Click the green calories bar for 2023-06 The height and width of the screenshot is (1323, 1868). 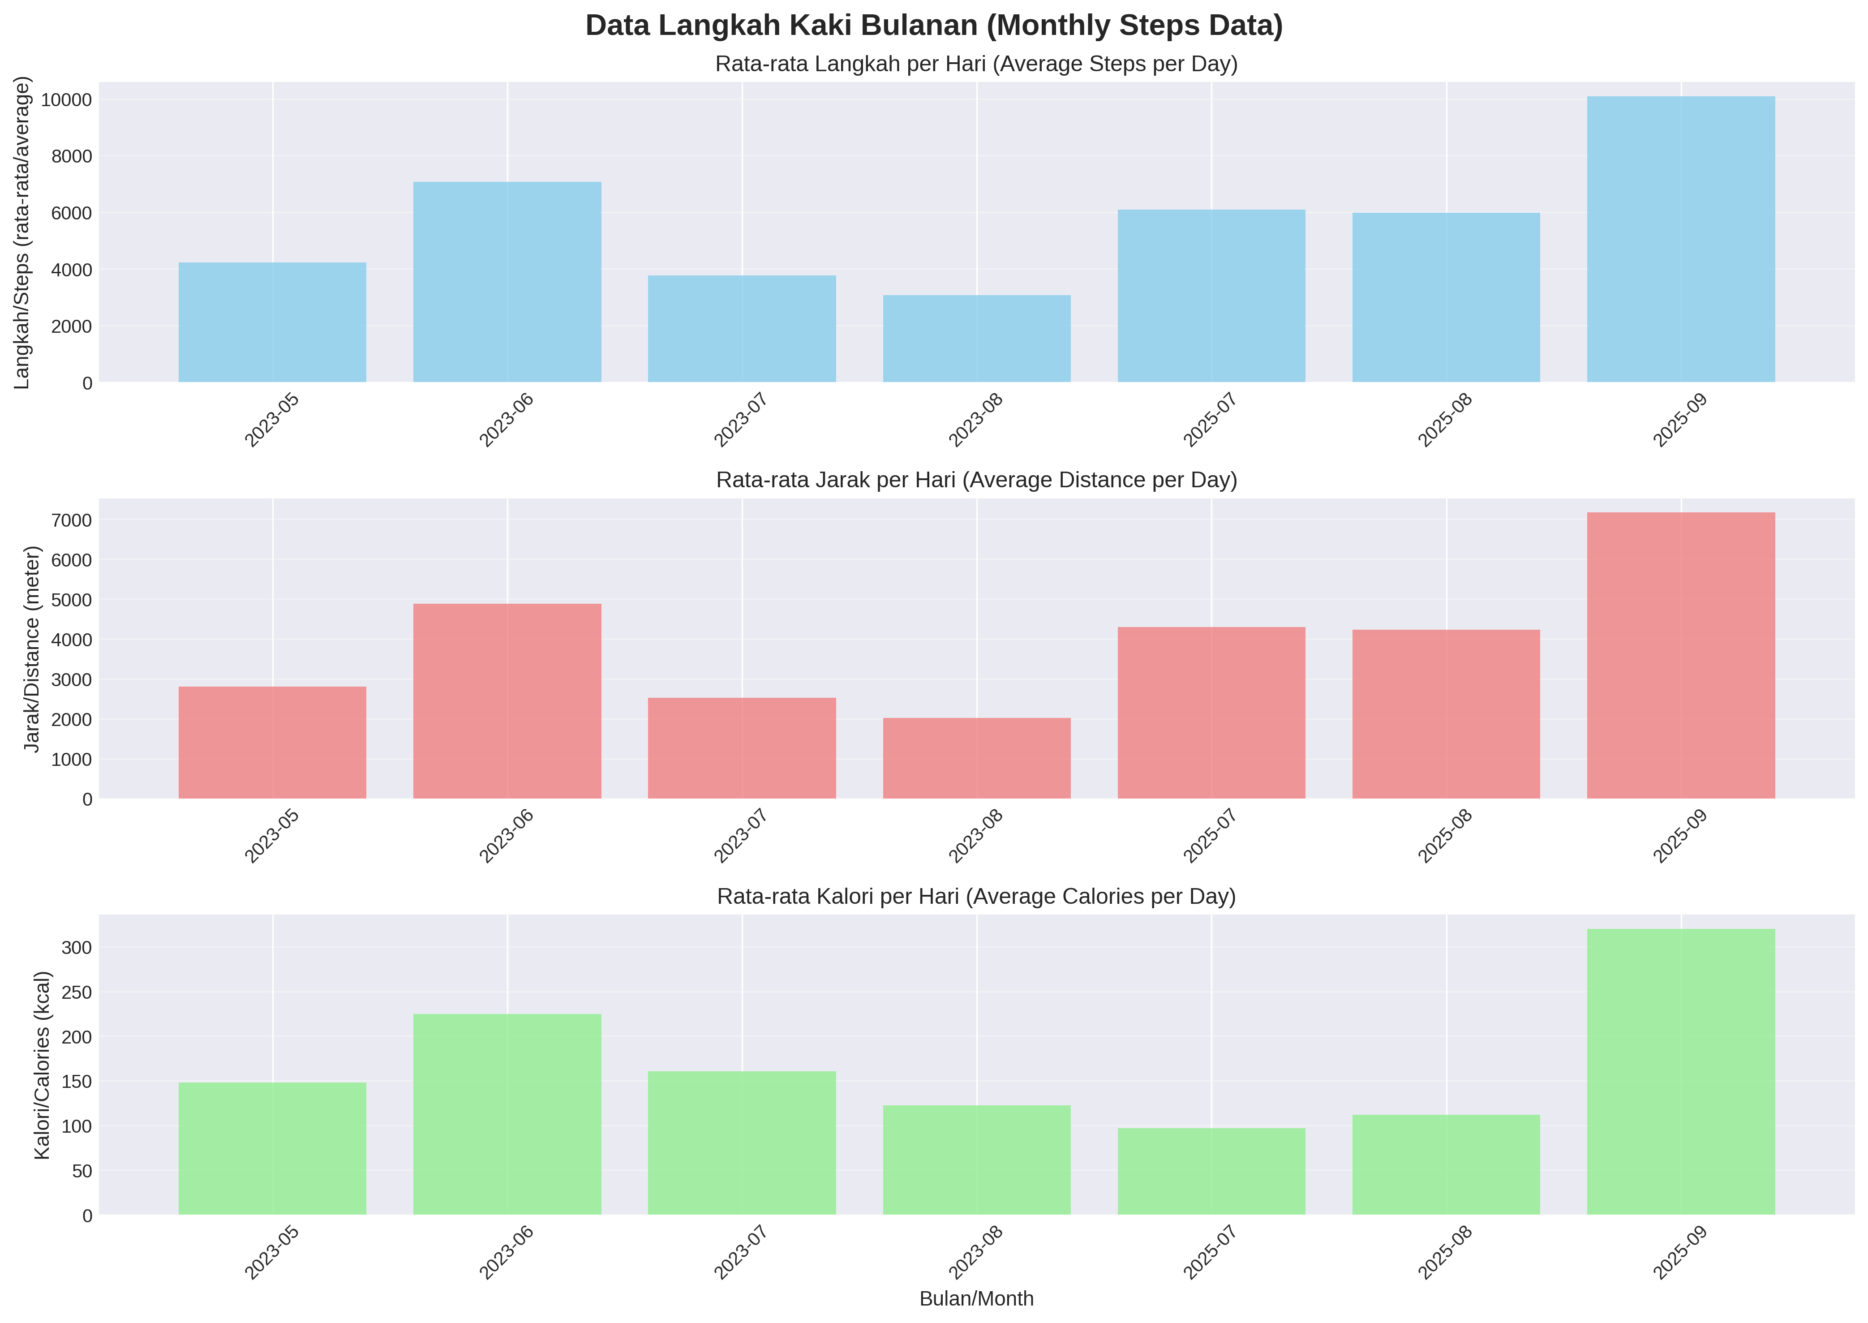click(507, 1114)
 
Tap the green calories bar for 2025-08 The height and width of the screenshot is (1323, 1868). click(1446, 1165)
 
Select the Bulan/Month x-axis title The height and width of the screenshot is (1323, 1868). click(976, 1298)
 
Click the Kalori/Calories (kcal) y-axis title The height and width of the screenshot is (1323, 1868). click(43, 1065)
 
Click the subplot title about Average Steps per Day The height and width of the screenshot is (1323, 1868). click(976, 64)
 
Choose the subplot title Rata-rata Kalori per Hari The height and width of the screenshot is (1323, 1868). click(976, 897)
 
